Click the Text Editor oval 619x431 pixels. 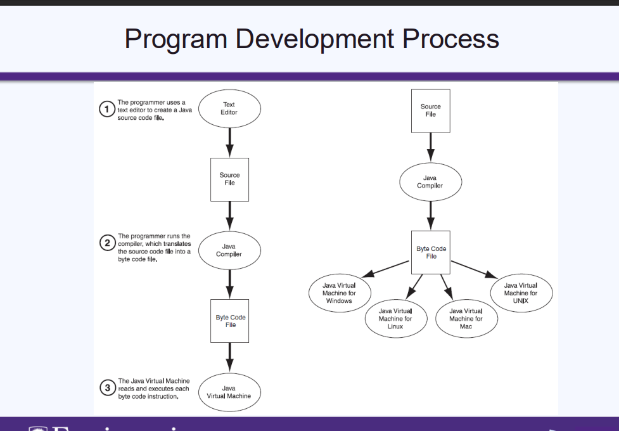(x=229, y=108)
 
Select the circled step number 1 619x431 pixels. (x=107, y=110)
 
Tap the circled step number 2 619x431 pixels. (x=107, y=243)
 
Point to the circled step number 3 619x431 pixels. (x=107, y=387)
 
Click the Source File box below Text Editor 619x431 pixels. (x=229, y=179)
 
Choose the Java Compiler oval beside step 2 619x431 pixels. (x=229, y=250)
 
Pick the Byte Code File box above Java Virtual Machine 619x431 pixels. (x=230, y=321)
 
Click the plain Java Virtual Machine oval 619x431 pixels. (x=229, y=392)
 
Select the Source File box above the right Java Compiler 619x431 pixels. (x=431, y=110)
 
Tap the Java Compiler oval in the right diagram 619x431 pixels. (x=430, y=182)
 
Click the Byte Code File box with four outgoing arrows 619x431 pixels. (x=431, y=252)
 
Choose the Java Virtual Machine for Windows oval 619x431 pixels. (x=339, y=293)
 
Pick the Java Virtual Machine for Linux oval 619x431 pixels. (x=395, y=319)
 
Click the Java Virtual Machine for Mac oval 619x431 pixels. (x=466, y=319)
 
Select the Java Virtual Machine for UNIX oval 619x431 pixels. (x=521, y=293)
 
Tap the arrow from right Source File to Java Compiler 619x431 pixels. (x=431, y=147)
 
